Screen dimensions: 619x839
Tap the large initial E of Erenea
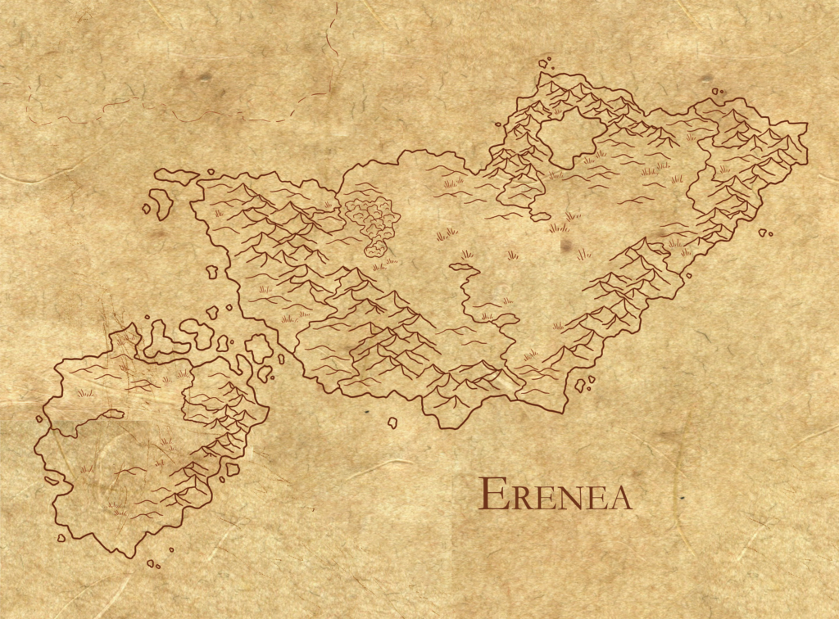click(491, 493)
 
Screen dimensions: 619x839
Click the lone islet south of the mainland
click(392, 422)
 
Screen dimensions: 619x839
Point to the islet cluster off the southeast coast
click(583, 383)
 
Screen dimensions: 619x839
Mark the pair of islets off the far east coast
click(764, 233)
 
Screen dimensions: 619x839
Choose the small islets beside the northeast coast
click(717, 91)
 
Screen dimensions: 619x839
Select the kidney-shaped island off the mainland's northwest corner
click(162, 201)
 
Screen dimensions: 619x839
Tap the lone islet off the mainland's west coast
click(212, 271)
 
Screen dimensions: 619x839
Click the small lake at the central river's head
click(462, 267)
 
